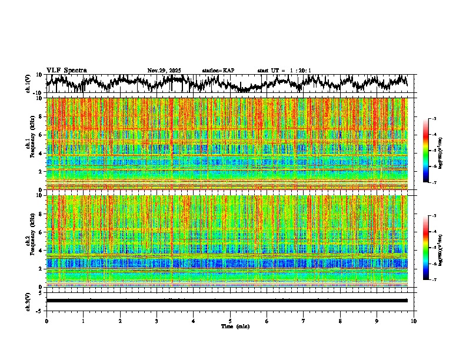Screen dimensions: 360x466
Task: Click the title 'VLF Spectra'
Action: click(66, 70)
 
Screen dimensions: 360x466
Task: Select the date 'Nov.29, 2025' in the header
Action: click(164, 71)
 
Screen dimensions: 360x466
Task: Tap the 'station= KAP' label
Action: click(218, 71)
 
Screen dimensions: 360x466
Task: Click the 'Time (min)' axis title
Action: click(235, 326)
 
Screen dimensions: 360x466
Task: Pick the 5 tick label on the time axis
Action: click(230, 321)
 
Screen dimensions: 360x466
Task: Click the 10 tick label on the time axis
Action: click(414, 321)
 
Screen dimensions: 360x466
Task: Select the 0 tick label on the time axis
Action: click(46, 321)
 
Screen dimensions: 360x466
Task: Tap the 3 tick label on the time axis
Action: click(157, 321)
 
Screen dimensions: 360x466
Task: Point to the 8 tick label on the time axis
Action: click(340, 321)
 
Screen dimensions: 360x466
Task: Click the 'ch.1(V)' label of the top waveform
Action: click(28, 84)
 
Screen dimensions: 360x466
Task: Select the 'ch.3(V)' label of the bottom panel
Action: click(28, 301)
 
